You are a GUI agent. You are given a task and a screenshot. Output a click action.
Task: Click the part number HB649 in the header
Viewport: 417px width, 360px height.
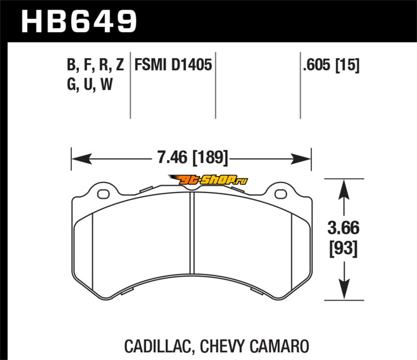pyautogui.click(x=79, y=21)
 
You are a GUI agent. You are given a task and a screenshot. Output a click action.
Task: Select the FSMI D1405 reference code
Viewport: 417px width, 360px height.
pyautogui.click(x=173, y=65)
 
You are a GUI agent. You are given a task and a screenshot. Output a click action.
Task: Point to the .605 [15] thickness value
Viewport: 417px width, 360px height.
pyautogui.click(x=331, y=65)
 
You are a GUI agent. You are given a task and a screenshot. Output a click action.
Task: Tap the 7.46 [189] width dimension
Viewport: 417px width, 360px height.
pyautogui.click(x=193, y=157)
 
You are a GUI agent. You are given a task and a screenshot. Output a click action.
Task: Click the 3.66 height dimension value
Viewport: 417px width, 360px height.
pyautogui.click(x=344, y=228)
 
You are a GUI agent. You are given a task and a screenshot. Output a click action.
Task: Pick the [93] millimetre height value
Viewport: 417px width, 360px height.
pyautogui.click(x=344, y=249)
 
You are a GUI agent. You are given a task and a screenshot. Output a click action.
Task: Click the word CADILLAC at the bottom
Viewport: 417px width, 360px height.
pyautogui.click(x=158, y=346)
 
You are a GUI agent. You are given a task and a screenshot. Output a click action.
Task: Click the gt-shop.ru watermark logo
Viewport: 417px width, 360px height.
pyautogui.click(x=208, y=180)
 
